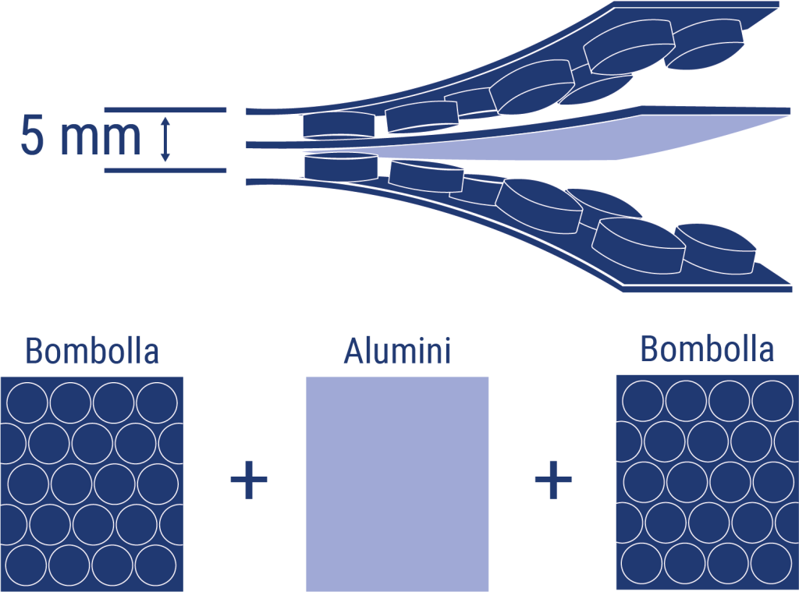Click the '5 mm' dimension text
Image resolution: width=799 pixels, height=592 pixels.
pos(80,136)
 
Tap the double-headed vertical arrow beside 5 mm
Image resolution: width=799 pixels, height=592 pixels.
pos(165,139)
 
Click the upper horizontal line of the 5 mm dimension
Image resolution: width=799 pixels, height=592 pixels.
pos(165,110)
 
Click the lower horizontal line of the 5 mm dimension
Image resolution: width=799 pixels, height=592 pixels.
pos(165,170)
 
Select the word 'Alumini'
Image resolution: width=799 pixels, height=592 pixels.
pos(397,351)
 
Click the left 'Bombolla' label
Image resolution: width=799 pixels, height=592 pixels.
pos(92,351)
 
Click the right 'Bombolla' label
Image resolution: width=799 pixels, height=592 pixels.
pos(707,349)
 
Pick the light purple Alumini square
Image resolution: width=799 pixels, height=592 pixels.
pos(397,484)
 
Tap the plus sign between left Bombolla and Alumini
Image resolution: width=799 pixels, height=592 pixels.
pos(249,480)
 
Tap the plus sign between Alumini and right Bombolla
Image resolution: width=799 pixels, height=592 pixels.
pos(553,480)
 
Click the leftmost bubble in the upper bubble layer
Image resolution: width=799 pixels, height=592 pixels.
pos(339,125)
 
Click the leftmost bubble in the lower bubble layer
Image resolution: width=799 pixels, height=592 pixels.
pos(341,167)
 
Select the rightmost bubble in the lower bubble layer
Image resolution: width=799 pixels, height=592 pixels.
pos(716,249)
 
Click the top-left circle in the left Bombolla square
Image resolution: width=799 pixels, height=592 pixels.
pos(27,402)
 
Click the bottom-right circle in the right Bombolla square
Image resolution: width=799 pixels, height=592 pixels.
pos(772,563)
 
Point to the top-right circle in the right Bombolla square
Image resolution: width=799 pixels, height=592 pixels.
pos(772,400)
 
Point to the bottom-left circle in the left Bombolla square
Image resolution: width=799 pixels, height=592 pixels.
pos(27,565)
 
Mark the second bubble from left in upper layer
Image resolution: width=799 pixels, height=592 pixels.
pos(422,117)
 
